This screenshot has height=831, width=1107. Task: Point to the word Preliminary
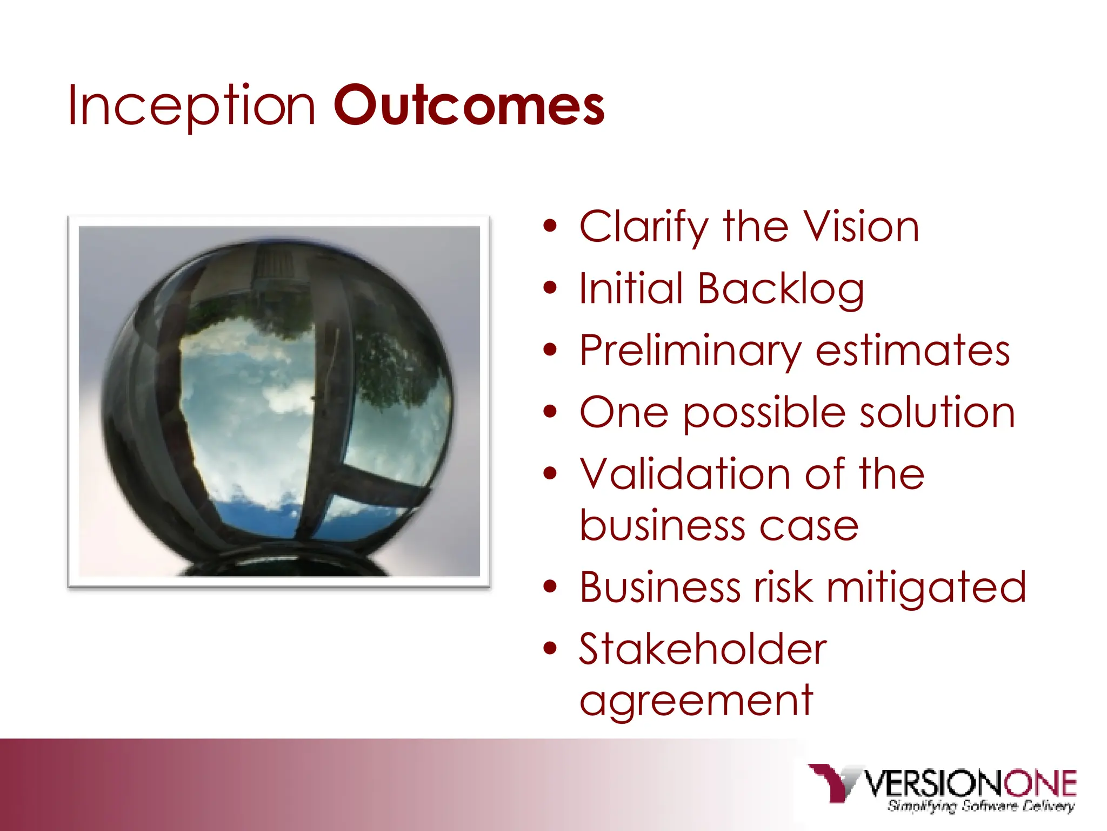(690, 352)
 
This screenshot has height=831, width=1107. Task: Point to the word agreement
(696, 702)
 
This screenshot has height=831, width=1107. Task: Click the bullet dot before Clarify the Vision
(550, 227)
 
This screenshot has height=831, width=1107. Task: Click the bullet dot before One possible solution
(550, 412)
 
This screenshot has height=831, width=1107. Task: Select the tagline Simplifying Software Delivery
(981, 806)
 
